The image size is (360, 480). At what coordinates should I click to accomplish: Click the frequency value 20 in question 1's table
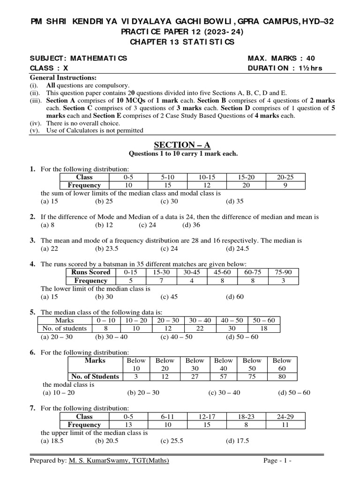(x=245, y=185)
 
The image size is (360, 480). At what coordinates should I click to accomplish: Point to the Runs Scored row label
(x=90, y=272)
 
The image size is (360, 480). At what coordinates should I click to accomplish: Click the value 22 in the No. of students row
(x=200, y=328)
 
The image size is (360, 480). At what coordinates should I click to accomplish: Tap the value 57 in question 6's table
(x=223, y=376)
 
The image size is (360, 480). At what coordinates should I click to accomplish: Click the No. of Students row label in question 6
(x=95, y=376)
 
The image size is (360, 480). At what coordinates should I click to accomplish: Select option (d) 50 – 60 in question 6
(x=294, y=392)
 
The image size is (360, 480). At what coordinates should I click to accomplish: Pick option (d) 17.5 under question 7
(x=237, y=441)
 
